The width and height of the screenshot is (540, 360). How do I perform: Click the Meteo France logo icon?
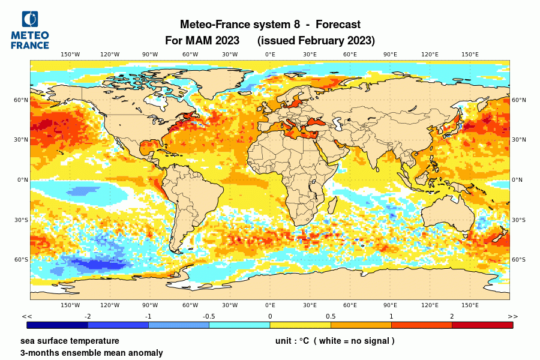(30, 20)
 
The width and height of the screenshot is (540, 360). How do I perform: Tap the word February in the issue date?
(316, 41)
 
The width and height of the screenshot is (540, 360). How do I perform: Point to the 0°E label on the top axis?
(270, 55)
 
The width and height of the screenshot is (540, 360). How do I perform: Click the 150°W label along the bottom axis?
(70, 305)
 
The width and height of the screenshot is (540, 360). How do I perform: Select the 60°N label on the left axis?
(22, 100)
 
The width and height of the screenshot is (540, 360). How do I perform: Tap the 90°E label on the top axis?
(390, 55)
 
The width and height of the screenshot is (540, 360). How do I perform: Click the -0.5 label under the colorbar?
(209, 316)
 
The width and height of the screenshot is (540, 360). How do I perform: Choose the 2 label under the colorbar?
(452, 316)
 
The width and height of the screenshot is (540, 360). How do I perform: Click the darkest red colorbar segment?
(482, 325)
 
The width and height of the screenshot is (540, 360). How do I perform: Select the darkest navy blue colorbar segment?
(58, 325)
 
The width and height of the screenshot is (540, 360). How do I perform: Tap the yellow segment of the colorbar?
(300, 325)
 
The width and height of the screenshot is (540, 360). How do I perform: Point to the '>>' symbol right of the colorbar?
(512, 316)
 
